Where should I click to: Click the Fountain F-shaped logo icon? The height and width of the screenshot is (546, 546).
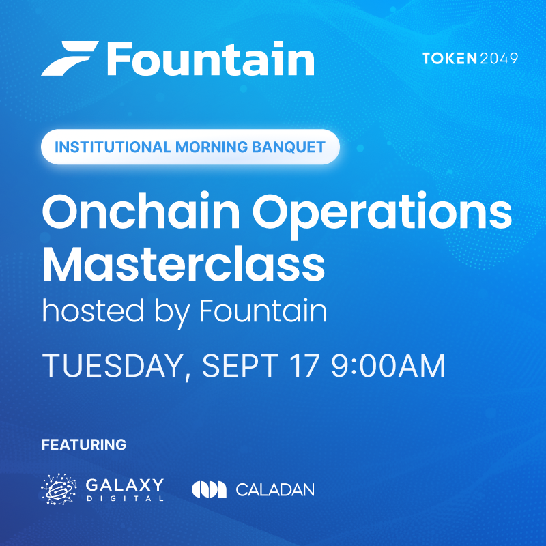pyautogui.click(x=70, y=58)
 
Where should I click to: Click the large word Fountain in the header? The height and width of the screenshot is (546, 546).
pyautogui.click(x=211, y=58)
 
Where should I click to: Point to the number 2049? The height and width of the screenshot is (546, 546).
pyautogui.click(x=499, y=58)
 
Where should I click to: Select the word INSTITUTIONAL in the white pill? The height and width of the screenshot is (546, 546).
pyautogui.click(x=113, y=147)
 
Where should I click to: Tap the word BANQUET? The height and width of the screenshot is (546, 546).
pyautogui.click(x=289, y=147)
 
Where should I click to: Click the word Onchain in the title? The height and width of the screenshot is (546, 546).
pyautogui.click(x=141, y=211)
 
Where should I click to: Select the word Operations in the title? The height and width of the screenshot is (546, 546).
pyautogui.click(x=382, y=215)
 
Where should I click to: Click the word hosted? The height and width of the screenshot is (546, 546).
pyautogui.click(x=93, y=311)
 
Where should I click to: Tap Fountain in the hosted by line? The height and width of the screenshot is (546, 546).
pyautogui.click(x=263, y=311)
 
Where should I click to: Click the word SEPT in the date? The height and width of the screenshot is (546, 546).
pyautogui.click(x=240, y=366)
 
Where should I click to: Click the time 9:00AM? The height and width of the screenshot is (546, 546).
pyautogui.click(x=388, y=366)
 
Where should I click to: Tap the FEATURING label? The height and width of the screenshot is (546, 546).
pyautogui.click(x=84, y=445)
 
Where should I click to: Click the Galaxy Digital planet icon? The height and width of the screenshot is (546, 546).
pyautogui.click(x=59, y=489)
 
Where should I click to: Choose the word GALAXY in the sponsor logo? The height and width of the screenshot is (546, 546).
pyautogui.click(x=125, y=485)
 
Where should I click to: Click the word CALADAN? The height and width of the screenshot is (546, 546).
pyautogui.click(x=275, y=489)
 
